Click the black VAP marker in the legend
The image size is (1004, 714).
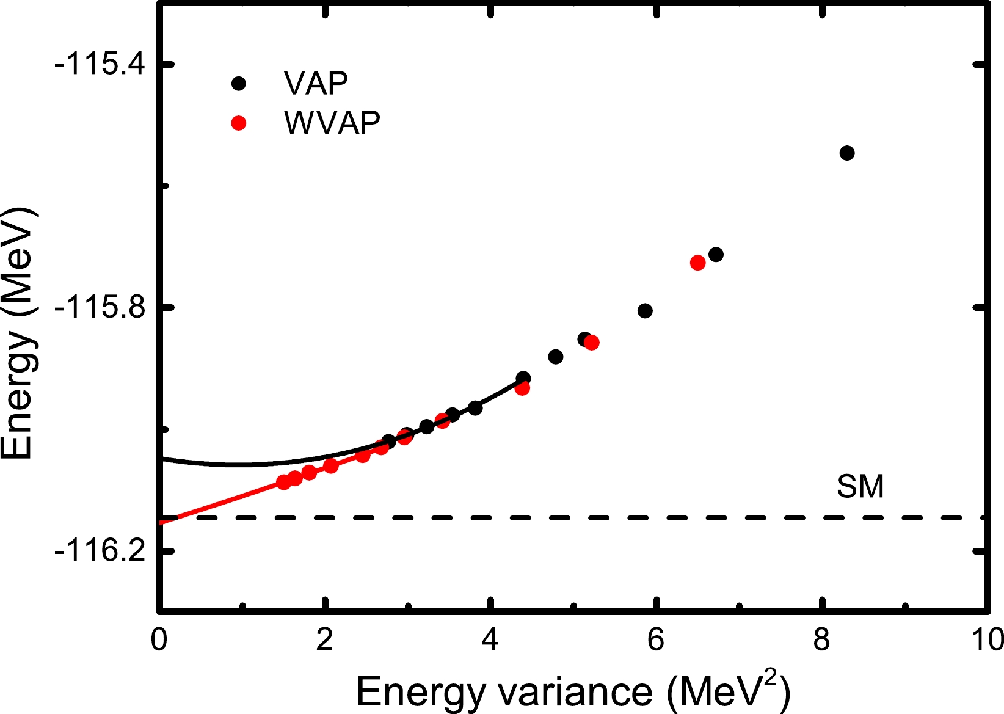239,84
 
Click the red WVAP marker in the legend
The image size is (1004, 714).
239,123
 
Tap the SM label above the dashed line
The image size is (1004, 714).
860,487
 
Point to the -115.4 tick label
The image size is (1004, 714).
100,64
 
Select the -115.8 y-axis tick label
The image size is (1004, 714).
100,307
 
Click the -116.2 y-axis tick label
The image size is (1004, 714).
100,551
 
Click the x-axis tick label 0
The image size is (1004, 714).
159,640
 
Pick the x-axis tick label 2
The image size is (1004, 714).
324,640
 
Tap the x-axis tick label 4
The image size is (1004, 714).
490,640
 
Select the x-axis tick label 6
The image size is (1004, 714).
655,640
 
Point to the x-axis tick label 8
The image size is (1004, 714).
821,640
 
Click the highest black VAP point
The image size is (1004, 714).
846,153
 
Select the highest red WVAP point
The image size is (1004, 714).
697,263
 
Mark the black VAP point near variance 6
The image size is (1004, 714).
645,311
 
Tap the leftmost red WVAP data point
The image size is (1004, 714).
283,482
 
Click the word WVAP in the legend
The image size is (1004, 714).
332,123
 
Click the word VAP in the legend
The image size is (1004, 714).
316,83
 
